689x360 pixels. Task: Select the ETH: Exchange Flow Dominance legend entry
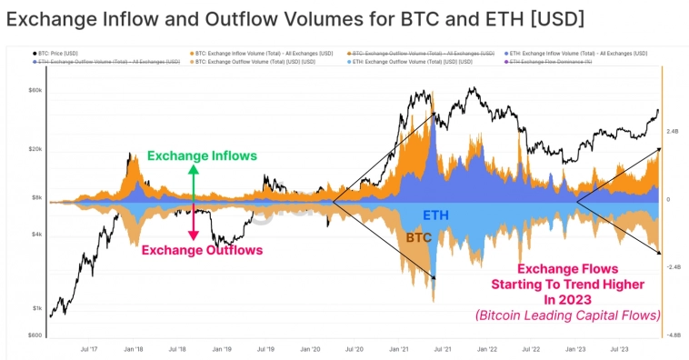[x=551, y=61]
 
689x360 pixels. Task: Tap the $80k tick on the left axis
[x=36, y=91]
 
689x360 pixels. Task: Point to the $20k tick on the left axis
[x=36, y=149]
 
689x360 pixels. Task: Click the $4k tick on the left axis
[x=37, y=235]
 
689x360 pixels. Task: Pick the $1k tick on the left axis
[x=37, y=308]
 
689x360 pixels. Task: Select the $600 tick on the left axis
[x=35, y=335]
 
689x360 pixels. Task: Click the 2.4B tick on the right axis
[x=673, y=132]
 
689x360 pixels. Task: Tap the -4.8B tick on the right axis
[x=673, y=335]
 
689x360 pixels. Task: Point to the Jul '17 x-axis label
[x=90, y=348]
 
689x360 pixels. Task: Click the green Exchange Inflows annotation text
[x=202, y=155]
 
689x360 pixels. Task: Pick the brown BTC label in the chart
[x=418, y=236]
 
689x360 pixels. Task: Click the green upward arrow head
[x=194, y=169]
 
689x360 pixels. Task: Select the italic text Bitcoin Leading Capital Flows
[x=567, y=315]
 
